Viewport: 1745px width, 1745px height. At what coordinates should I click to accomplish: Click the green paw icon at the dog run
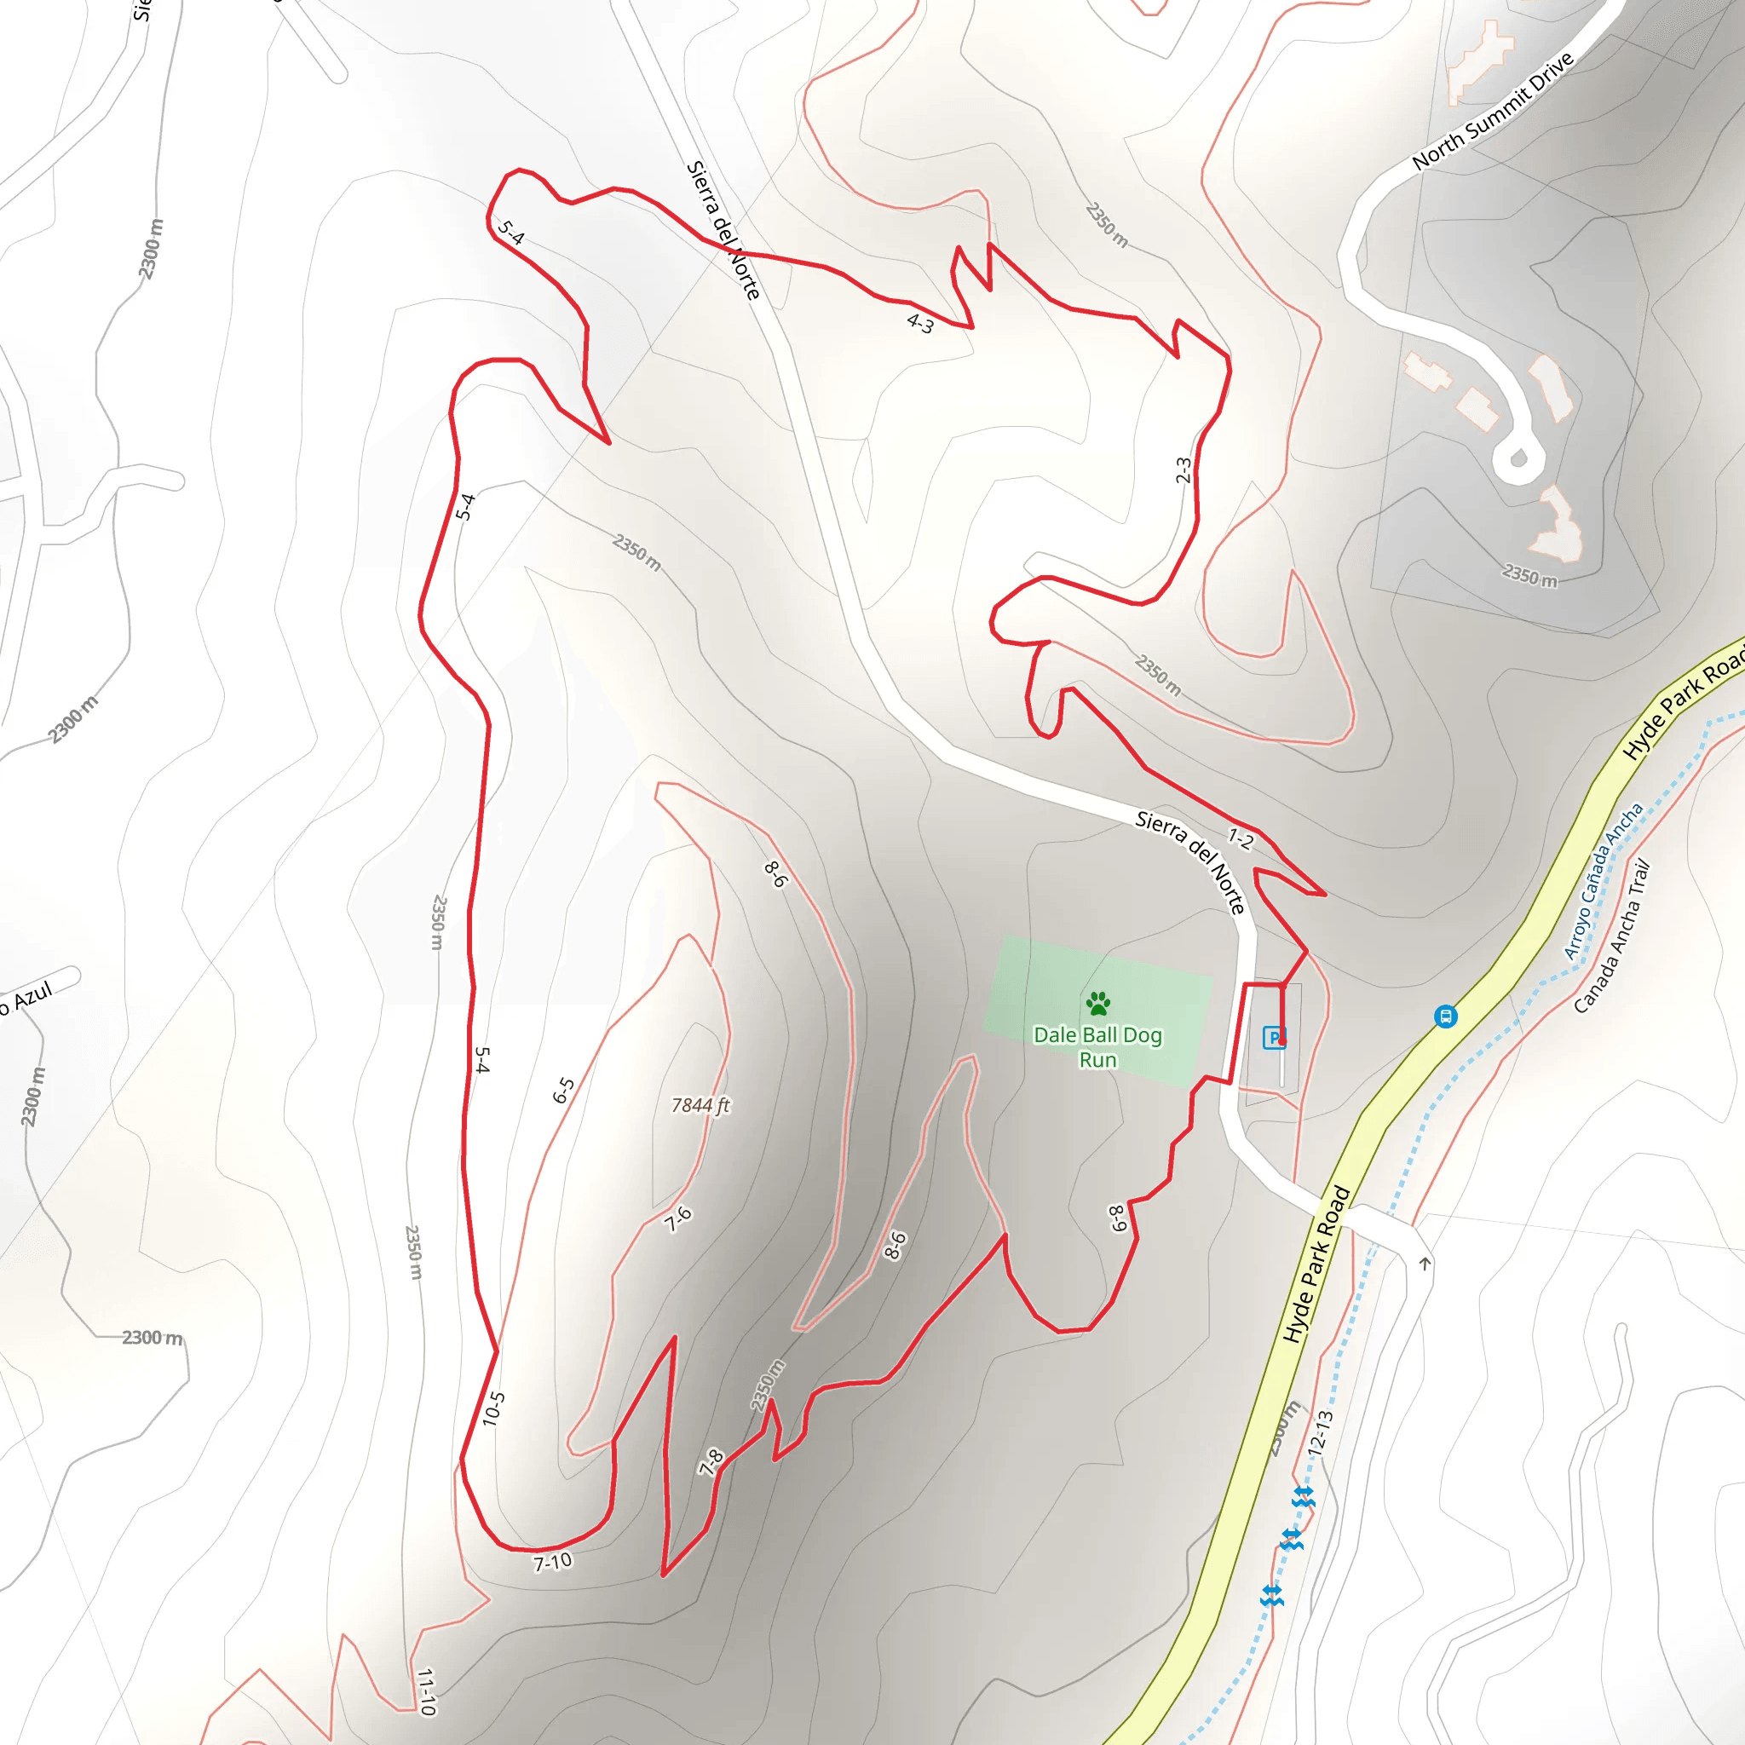tap(1097, 1003)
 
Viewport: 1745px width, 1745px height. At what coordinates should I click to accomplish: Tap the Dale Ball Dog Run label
tap(1097, 1047)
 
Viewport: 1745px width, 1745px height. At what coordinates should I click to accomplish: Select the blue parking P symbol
tap(1274, 1038)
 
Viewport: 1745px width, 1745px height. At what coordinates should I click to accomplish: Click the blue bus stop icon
tap(1445, 1017)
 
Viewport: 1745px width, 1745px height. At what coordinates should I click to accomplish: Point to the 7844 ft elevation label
tap(700, 1105)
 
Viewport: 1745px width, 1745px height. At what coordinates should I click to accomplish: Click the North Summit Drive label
tap(1493, 110)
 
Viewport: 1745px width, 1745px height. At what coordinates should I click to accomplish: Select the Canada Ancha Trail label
tap(1611, 936)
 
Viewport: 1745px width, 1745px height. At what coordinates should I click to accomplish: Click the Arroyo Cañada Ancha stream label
tap(1603, 882)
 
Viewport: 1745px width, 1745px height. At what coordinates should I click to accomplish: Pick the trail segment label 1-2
tap(1240, 839)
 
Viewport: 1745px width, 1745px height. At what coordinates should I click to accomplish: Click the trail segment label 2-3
tap(1183, 469)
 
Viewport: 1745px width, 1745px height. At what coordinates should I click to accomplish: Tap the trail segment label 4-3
tap(920, 322)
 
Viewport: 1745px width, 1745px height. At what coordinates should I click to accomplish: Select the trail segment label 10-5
tap(493, 1409)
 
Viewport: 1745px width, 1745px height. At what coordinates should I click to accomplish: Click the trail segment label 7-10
tap(552, 1562)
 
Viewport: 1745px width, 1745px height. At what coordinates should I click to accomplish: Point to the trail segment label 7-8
tap(711, 1461)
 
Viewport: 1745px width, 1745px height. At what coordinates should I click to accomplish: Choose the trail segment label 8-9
tap(1117, 1218)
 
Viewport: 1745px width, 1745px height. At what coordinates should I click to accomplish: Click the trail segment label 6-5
tap(563, 1090)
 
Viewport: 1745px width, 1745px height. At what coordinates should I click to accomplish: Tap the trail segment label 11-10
tap(427, 1690)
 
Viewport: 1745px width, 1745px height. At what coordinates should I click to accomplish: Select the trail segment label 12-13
tap(1320, 1432)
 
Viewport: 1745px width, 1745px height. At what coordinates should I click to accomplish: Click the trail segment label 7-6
tap(677, 1219)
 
